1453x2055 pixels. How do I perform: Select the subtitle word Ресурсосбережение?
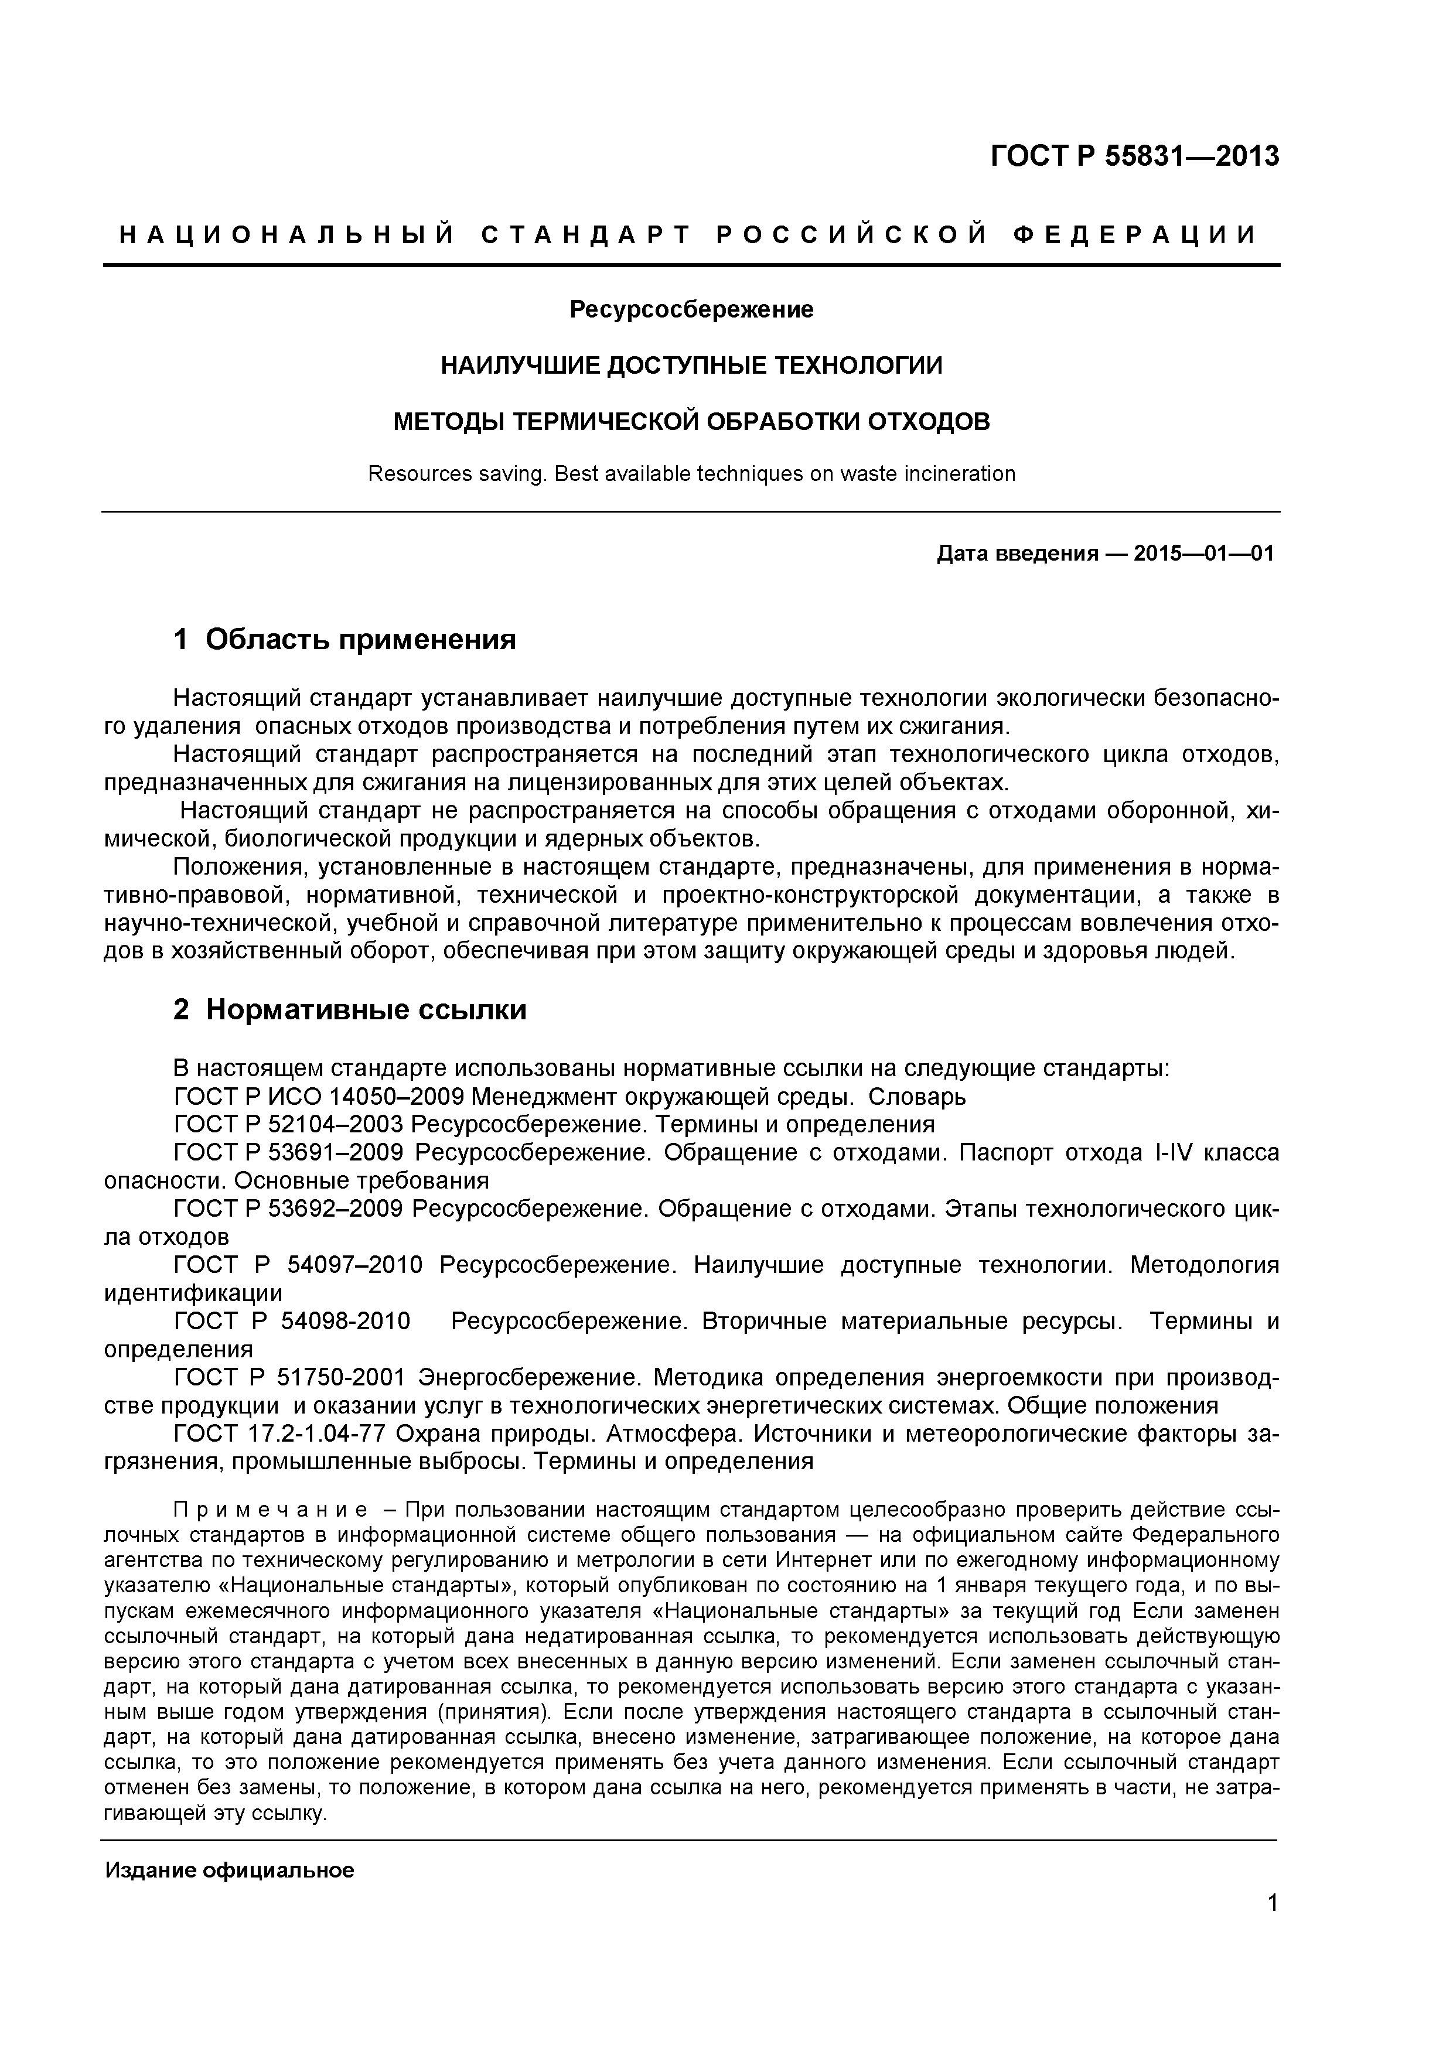pyautogui.click(x=691, y=310)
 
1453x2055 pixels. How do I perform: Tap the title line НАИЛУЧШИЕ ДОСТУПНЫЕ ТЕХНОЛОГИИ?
pyautogui.click(x=691, y=365)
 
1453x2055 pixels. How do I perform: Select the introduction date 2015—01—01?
pyautogui.click(x=1202, y=553)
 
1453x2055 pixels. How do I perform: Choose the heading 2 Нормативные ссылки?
pyautogui.click(x=349, y=1009)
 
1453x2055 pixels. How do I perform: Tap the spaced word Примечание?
pyautogui.click(x=270, y=1511)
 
